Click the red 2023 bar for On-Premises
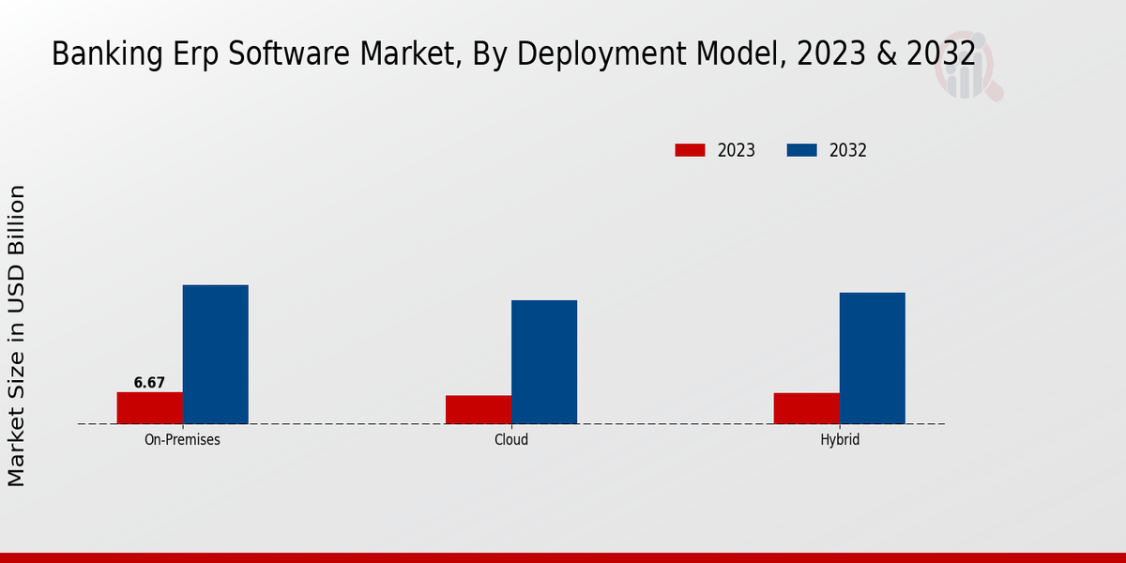tap(149, 408)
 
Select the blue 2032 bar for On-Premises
tap(215, 355)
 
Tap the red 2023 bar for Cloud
tap(479, 410)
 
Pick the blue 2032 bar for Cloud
tap(544, 362)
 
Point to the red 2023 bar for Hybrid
tap(807, 408)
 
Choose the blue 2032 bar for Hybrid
tap(873, 358)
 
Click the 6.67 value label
tap(149, 383)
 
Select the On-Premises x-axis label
tap(182, 439)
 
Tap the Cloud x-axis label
tap(511, 439)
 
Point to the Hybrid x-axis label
tap(840, 439)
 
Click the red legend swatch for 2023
tap(690, 150)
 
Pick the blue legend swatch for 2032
tap(801, 150)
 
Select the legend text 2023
tap(737, 150)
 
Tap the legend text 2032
tap(848, 150)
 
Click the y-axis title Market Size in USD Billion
tap(17, 336)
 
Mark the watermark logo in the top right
tap(966, 70)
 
